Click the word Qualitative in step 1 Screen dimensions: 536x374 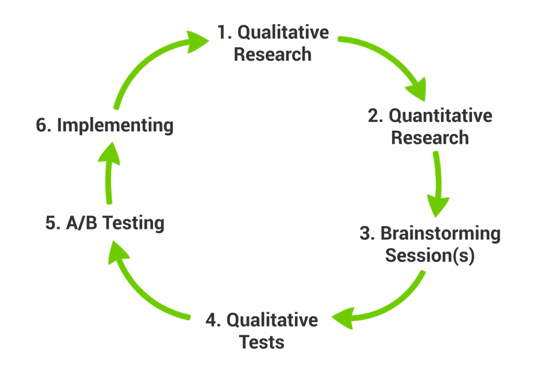(x=283, y=33)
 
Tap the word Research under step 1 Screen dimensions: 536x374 (x=273, y=55)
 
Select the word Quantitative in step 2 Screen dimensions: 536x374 (x=440, y=116)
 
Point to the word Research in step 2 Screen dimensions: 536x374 (x=430, y=137)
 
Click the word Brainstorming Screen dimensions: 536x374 (x=440, y=234)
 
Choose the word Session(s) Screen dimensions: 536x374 (x=430, y=255)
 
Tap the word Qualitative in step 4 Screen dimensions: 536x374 (x=272, y=320)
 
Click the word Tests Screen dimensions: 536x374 (x=262, y=342)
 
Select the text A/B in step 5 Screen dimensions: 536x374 (x=82, y=223)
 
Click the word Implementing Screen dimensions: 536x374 (x=115, y=126)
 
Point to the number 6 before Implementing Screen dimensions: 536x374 (x=42, y=125)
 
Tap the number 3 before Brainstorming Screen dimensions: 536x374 (x=366, y=233)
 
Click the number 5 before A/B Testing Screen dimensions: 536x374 (x=52, y=223)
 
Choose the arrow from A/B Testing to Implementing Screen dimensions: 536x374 (x=109, y=173)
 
